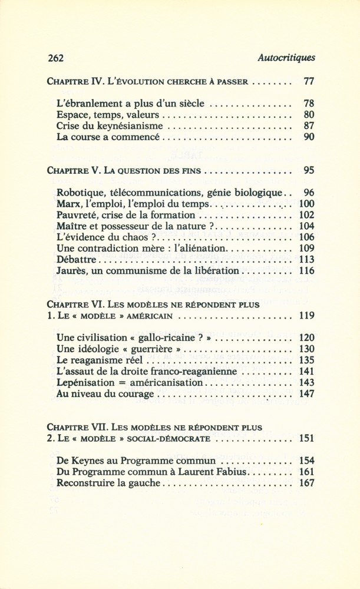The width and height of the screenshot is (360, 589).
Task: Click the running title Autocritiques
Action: (286, 58)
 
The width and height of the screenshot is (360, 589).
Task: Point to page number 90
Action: (308, 137)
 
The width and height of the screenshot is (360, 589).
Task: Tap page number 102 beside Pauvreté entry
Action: (306, 215)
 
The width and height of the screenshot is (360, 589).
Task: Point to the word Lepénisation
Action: (87, 383)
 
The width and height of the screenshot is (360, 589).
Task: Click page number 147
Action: (306, 394)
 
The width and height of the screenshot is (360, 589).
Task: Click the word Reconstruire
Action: (84, 484)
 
